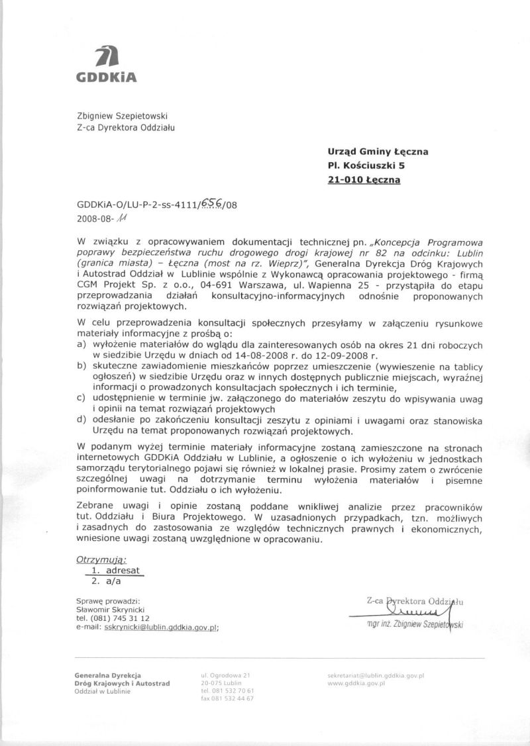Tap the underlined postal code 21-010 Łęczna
pos(364,179)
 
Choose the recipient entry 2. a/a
pos(106,581)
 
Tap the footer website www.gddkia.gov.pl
pos(356,682)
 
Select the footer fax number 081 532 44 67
pos(227,698)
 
